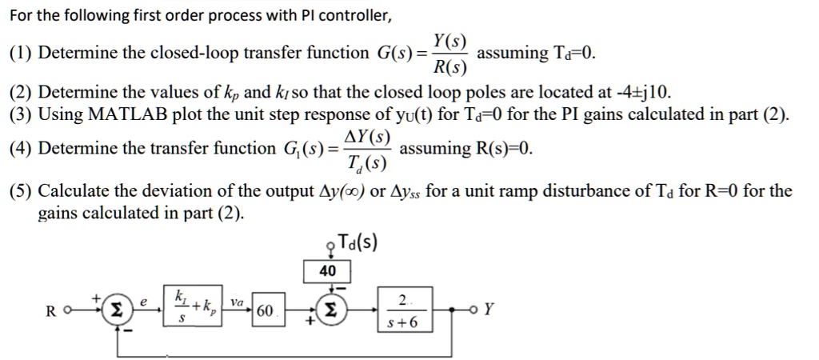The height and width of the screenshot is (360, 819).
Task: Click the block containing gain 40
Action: tap(327, 271)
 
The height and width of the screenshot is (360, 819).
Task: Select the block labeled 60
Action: tap(266, 310)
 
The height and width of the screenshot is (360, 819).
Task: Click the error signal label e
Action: tap(143, 301)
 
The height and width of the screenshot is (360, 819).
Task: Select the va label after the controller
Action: tap(237, 302)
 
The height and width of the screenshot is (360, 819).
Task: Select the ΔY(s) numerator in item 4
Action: tap(367, 136)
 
